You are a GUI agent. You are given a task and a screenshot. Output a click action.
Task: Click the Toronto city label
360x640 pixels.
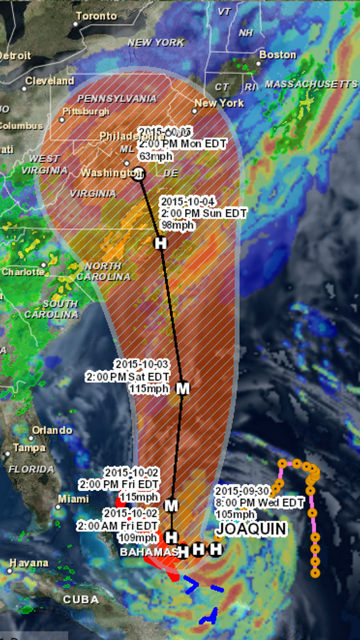coord(96,16)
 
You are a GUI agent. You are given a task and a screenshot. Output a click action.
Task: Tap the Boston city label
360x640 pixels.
coord(277,55)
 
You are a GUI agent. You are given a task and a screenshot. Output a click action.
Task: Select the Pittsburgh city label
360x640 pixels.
coord(86,112)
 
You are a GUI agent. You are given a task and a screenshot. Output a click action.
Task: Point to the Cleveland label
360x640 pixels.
coord(50,81)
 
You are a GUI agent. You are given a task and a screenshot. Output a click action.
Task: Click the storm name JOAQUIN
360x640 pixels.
coord(251,529)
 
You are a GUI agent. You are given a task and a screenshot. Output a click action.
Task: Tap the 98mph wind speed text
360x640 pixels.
coord(178,225)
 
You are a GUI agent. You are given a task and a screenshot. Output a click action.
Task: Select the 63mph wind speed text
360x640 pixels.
coord(156,156)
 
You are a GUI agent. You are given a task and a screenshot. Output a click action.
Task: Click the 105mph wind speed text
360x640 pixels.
coord(235,514)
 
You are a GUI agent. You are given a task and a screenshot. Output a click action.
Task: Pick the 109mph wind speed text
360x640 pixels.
coord(137,538)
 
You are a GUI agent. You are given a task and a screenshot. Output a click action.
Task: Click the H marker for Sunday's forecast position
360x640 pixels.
coord(161,243)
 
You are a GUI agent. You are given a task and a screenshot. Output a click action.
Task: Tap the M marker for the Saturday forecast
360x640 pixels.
coord(183,389)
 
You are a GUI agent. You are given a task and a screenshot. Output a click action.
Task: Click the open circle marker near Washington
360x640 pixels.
coord(138,174)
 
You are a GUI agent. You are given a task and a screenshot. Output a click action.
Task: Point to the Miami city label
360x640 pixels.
coord(73,499)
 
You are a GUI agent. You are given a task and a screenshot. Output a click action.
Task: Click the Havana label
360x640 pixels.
coord(29,563)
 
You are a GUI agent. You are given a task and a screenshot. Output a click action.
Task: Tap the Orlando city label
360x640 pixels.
coord(52,430)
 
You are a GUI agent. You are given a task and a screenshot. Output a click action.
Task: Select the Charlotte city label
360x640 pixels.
coord(23,272)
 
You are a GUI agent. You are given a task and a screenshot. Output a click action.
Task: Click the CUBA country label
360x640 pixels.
coord(81,600)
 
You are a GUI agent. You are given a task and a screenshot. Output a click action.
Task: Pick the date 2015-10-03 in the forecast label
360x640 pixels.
coord(142,364)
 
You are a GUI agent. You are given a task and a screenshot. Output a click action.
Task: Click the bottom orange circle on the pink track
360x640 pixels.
coord(315,573)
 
